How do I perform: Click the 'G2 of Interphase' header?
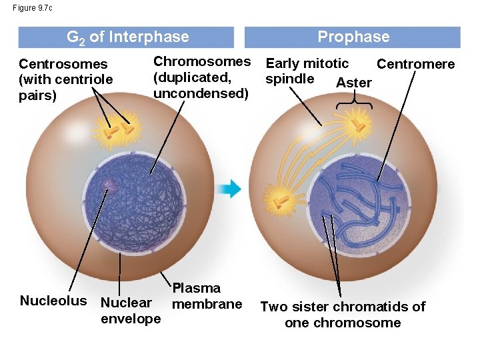click(x=127, y=37)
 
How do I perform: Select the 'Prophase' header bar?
click(x=353, y=37)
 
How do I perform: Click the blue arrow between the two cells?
click(x=231, y=189)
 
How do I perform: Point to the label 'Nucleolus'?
click(x=53, y=301)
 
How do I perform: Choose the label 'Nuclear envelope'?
click(x=130, y=311)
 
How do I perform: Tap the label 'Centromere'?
click(x=415, y=65)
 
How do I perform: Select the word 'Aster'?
click(x=354, y=83)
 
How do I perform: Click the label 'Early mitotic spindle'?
click(x=306, y=71)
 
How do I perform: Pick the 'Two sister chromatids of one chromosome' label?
click(x=343, y=315)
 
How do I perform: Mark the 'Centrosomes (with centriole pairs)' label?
click(x=65, y=79)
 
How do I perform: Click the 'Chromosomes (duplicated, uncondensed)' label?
click(x=201, y=77)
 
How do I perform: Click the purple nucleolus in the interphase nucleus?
click(x=107, y=186)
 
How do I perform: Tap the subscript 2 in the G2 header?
click(x=83, y=41)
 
